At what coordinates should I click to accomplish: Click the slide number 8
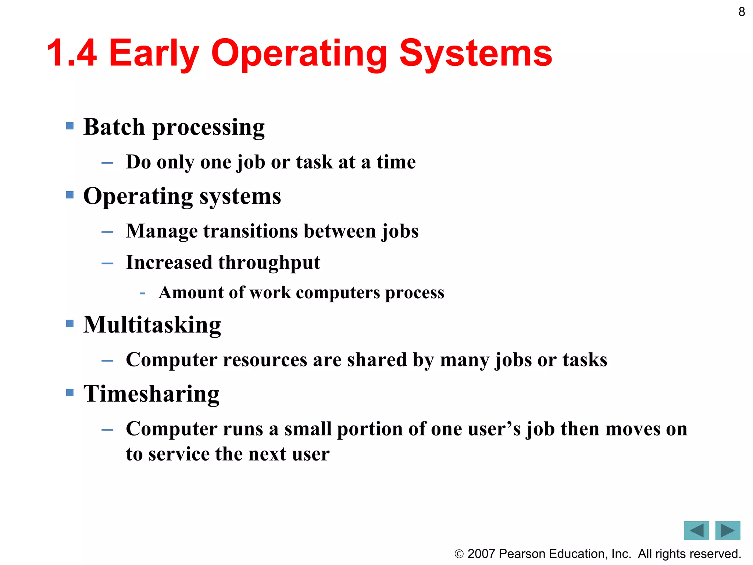(742, 12)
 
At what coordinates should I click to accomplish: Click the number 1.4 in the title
(72, 53)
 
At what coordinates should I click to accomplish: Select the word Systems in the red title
(476, 53)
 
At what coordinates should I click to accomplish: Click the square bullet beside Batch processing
(70, 126)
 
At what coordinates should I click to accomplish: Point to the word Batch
(114, 127)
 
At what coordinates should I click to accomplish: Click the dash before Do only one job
(107, 163)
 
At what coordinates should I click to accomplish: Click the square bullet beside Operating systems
(70, 195)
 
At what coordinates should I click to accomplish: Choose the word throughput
(269, 263)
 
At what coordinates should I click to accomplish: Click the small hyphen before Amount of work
(143, 294)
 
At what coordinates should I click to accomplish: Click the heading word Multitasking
(152, 325)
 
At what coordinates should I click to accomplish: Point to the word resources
(265, 360)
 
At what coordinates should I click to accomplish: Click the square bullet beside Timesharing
(70, 392)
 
